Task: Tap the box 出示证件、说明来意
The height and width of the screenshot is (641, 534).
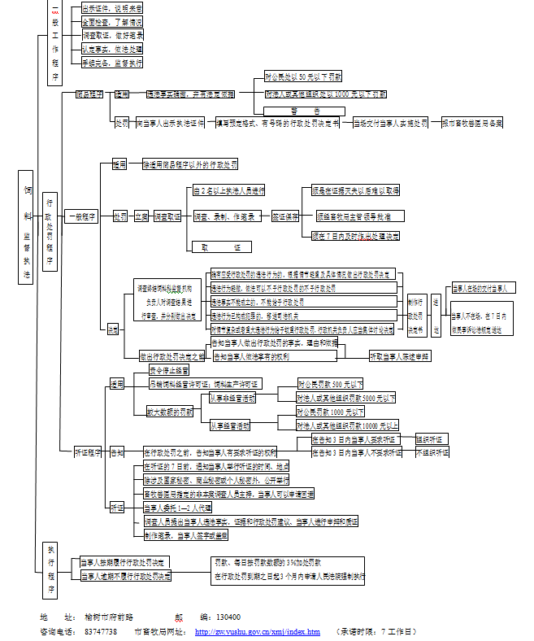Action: click(112, 9)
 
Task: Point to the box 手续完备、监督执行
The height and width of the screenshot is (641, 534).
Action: click(112, 62)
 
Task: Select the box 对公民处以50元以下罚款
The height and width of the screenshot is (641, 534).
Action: click(302, 77)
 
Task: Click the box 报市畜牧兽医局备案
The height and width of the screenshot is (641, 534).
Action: click(472, 123)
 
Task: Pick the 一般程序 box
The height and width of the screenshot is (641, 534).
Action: click(81, 216)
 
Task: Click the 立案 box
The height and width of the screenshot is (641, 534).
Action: click(141, 216)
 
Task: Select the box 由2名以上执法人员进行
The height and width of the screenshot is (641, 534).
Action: click(229, 190)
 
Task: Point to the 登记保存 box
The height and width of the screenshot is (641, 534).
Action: click(284, 216)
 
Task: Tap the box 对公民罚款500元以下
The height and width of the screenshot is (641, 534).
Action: click(331, 383)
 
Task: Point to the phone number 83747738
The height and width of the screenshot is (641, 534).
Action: click(101, 631)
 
